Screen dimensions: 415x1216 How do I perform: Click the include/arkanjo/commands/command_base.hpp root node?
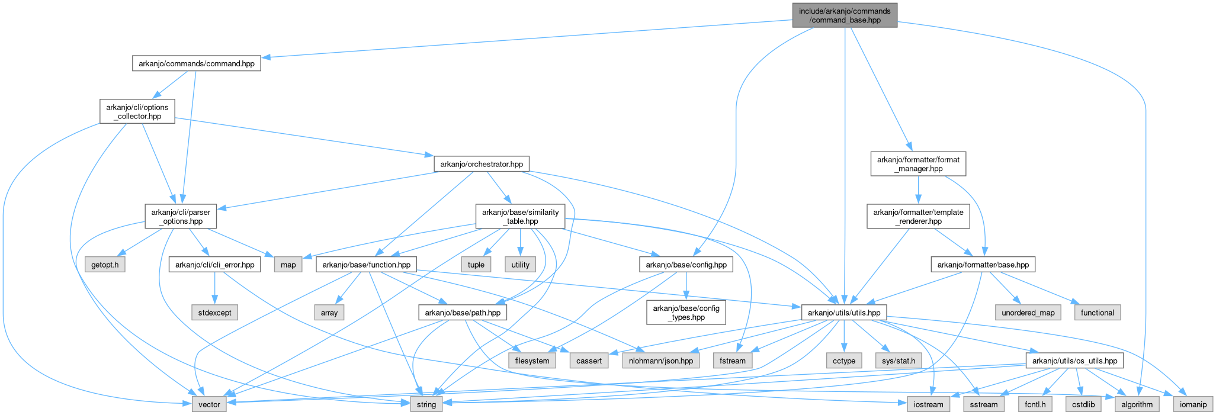(x=845, y=15)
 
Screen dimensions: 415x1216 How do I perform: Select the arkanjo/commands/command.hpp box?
(x=196, y=63)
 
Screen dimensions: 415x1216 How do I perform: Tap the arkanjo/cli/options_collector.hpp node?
(x=137, y=112)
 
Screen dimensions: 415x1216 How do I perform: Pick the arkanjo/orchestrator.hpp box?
(x=481, y=164)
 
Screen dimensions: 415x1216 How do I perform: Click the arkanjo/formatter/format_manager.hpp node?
(x=918, y=164)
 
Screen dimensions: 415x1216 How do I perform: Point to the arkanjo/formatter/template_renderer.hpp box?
(x=918, y=217)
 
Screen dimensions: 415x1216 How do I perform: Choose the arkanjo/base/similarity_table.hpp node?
(x=519, y=217)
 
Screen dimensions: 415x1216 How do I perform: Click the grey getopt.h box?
(x=105, y=265)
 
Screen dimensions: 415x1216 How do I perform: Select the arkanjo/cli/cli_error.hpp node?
(x=214, y=265)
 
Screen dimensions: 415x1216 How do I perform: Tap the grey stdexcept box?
(x=214, y=313)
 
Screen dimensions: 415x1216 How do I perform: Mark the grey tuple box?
(x=476, y=265)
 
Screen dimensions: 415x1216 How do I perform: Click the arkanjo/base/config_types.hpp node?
(x=686, y=313)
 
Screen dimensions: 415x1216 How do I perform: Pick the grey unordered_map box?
(x=1028, y=313)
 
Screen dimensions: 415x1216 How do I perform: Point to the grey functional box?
(x=1097, y=313)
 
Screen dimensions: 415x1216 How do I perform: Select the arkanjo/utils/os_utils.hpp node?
(x=1074, y=361)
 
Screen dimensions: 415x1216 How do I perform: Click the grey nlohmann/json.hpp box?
(x=660, y=361)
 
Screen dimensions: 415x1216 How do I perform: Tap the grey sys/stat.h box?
(x=899, y=361)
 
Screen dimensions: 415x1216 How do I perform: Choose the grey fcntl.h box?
(x=1035, y=404)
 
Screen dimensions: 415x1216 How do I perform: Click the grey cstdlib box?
(x=1084, y=404)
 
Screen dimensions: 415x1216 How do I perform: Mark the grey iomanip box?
(x=1193, y=404)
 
